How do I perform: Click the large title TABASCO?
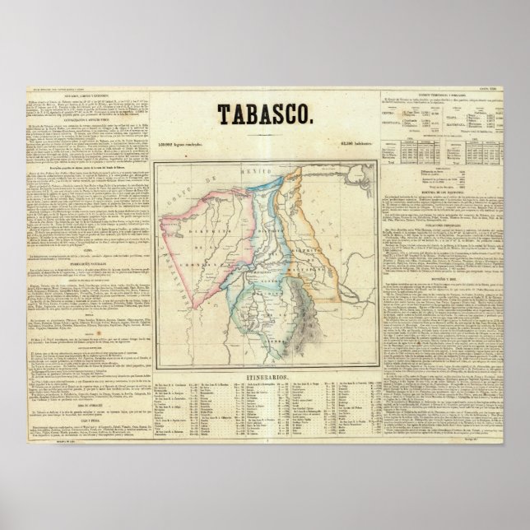(x=266, y=113)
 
